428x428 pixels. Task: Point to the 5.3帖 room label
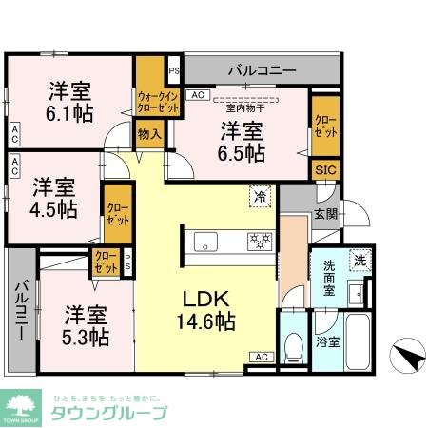coord(87,325)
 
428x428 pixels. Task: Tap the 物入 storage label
coord(150,136)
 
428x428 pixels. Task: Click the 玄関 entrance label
coord(325,214)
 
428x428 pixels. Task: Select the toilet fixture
coord(294,345)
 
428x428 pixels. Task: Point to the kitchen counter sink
coord(205,244)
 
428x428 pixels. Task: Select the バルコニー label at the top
coord(262,70)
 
